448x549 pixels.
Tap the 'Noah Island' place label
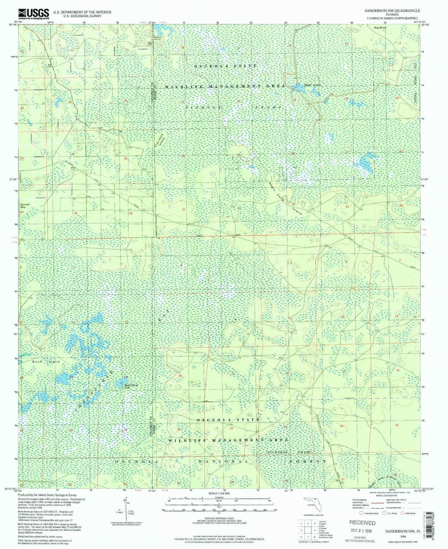pyautogui.click(x=312, y=85)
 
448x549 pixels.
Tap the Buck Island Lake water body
pyautogui.click(x=119, y=384)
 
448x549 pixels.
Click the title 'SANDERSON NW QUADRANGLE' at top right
pyautogui.click(x=392, y=11)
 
